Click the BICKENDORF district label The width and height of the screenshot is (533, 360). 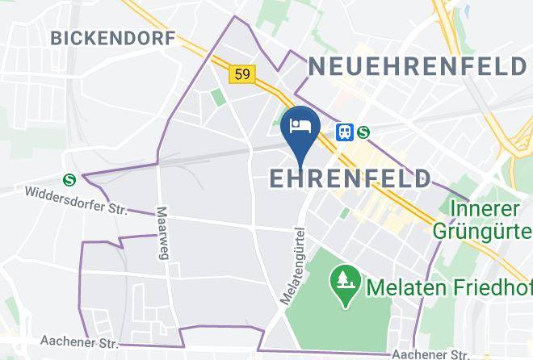click(x=112, y=38)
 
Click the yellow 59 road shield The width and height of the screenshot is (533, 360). click(x=243, y=74)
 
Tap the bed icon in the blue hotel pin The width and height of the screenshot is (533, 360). click(x=300, y=126)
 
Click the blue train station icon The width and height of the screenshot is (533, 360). click(x=345, y=131)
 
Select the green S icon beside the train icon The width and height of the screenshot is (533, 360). click(x=363, y=131)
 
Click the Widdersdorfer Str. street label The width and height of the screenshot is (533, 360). click(x=77, y=199)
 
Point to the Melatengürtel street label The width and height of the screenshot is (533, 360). click(x=292, y=265)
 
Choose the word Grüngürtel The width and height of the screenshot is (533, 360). click(x=482, y=231)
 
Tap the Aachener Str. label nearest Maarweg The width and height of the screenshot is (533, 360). click(x=71, y=343)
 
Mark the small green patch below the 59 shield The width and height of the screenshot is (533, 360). click(x=219, y=97)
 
